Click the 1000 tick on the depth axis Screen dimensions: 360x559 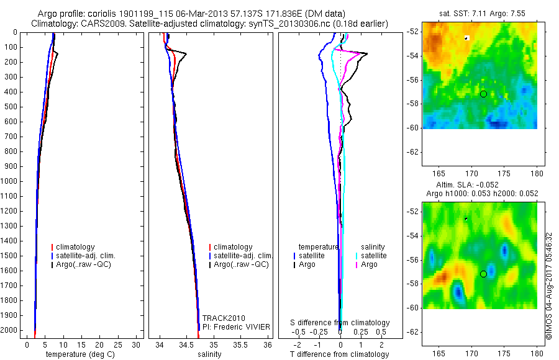click(11, 181)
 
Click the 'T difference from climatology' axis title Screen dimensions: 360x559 click(339, 354)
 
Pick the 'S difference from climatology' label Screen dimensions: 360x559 click(340, 323)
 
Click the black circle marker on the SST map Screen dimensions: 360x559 click(483, 94)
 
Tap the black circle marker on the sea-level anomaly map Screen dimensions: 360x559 click(483, 274)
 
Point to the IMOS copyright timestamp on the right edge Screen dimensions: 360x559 click(549, 286)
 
